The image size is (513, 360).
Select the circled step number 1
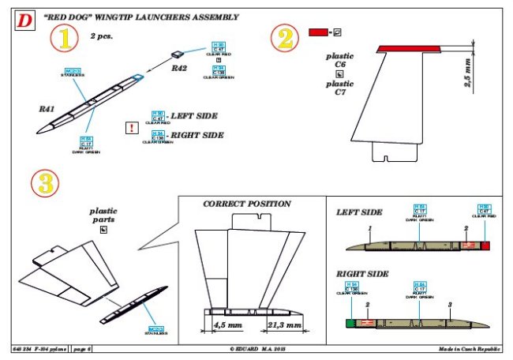(66, 36)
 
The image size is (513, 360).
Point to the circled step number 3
(44, 184)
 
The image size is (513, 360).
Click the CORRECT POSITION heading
(247, 204)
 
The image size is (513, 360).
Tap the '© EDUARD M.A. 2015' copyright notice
(256, 348)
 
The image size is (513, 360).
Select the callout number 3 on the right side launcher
(449, 305)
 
